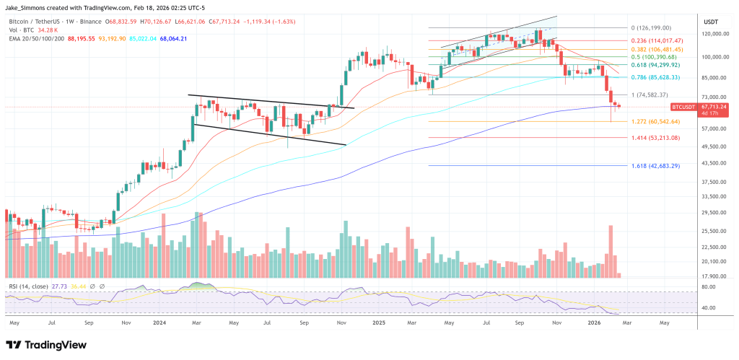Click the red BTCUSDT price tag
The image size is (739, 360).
pyautogui.click(x=683, y=107)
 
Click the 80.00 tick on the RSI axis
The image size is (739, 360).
pyautogui.click(x=708, y=286)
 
